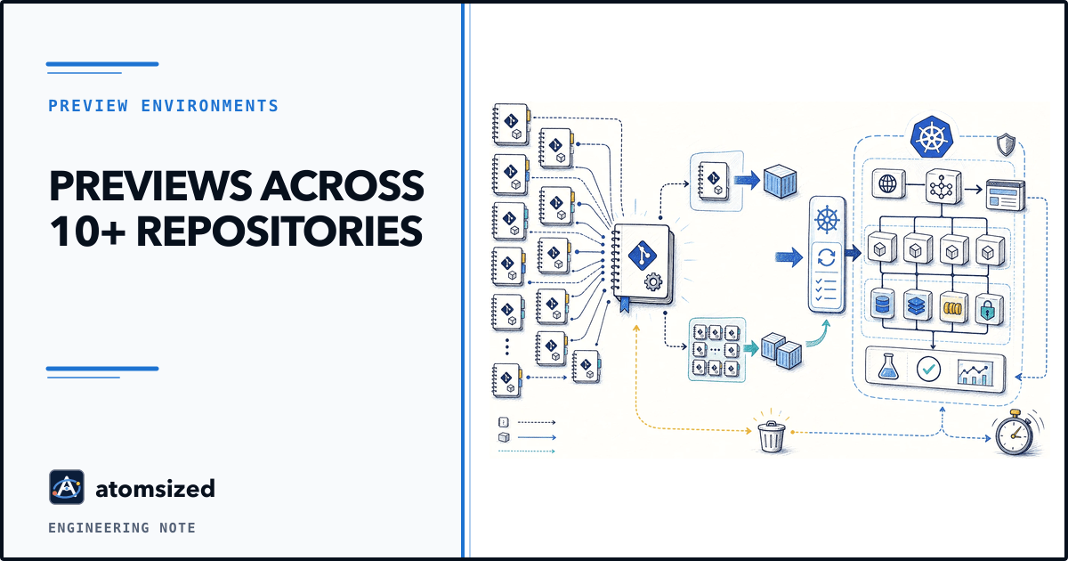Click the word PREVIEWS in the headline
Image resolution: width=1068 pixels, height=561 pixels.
pyautogui.click(x=150, y=186)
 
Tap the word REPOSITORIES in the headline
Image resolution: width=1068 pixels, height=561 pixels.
pyautogui.click(x=279, y=232)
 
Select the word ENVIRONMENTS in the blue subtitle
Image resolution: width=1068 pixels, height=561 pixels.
pyautogui.click(x=210, y=106)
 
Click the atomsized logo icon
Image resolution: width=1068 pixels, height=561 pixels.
pyautogui.click(x=67, y=487)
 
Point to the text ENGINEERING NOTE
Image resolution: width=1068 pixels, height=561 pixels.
pyautogui.click(x=122, y=527)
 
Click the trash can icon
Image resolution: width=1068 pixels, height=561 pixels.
pyautogui.click(x=772, y=436)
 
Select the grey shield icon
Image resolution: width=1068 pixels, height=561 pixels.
pyautogui.click(x=1006, y=144)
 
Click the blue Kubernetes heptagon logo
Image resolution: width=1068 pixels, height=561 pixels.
pyautogui.click(x=931, y=137)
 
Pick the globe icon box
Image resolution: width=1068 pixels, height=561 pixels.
pyautogui.click(x=888, y=183)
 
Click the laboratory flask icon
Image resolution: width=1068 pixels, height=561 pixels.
pyautogui.click(x=888, y=367)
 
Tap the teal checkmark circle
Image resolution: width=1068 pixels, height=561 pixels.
pyautogui.click(x=928, y=369)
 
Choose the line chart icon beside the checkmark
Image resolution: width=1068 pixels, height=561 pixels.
pyautogui.click(x=975, y=372)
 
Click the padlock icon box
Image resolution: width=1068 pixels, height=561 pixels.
pyautogui.click(x=990, y=308)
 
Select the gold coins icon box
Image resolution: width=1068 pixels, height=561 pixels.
pyautogui.click(x=953, y=307)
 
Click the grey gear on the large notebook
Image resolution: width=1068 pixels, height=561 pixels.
pyautogui.click(x=653, y=281)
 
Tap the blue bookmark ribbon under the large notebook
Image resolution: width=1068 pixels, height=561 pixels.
pyautogui.click(x=624, y=305)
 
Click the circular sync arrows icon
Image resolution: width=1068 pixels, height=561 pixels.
pyautogui.click(x=826, y=257)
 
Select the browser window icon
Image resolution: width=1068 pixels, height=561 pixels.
pyautogui.click(x=1005, y=195)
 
